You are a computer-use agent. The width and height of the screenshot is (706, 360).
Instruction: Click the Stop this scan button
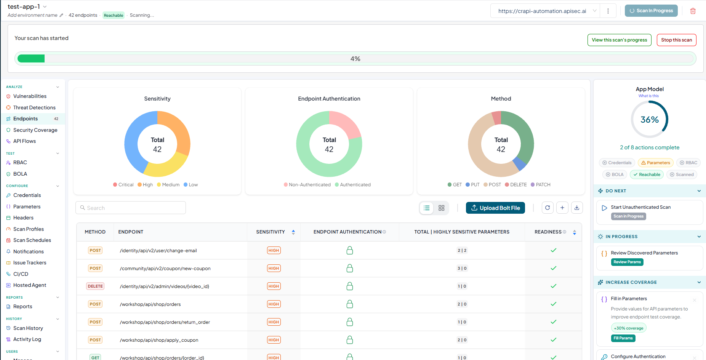point(676,40)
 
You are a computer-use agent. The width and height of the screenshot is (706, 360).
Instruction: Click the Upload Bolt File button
point(495,208)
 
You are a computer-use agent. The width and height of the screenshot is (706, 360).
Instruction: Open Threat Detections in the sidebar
point(34,107)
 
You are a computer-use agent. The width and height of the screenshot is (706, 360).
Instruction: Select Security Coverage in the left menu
point(35,130)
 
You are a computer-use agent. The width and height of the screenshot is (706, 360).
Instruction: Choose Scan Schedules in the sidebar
point(32,240)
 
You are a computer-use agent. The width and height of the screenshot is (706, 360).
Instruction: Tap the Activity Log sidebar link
point(27,339)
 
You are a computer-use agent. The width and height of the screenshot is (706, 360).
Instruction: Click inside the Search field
point(131,208)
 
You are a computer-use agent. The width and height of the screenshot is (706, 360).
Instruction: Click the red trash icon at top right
point(693,11)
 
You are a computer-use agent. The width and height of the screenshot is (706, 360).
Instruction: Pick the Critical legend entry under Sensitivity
point(123,185)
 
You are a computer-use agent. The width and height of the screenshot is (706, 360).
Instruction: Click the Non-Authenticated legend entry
point(307,185)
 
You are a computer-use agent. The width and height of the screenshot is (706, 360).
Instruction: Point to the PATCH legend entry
point(540,185)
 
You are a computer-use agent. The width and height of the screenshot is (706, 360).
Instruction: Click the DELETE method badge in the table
point(95,286)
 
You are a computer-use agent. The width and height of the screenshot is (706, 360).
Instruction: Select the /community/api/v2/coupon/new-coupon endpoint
point(165,269)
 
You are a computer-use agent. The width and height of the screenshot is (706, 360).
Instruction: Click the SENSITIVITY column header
point(271,232)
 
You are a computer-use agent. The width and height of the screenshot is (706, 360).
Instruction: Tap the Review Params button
point(627,262)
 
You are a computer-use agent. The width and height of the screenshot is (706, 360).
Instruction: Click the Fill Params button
point(623,338)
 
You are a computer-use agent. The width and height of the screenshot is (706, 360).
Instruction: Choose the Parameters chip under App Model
point(655,163)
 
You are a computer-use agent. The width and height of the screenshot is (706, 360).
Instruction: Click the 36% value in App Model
point(650,120)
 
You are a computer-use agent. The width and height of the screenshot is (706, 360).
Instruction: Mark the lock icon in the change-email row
point(350,250)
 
